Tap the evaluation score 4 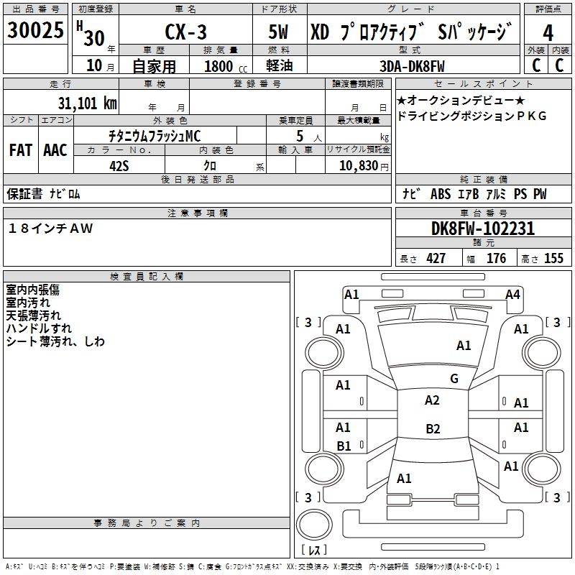(548, 32)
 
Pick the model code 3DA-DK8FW (413, 66)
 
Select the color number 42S (119, 165)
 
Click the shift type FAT (21, 150)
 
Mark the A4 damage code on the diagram (512, 294)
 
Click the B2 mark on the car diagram (433, 429)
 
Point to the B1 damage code (344, 446)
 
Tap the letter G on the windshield (454, 379)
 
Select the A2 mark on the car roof (432, 400)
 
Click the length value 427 (436, 259)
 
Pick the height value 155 (553, 259)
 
